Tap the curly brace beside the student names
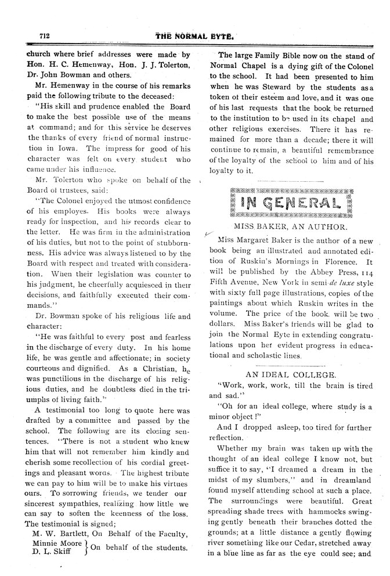(x=85, y=548)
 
